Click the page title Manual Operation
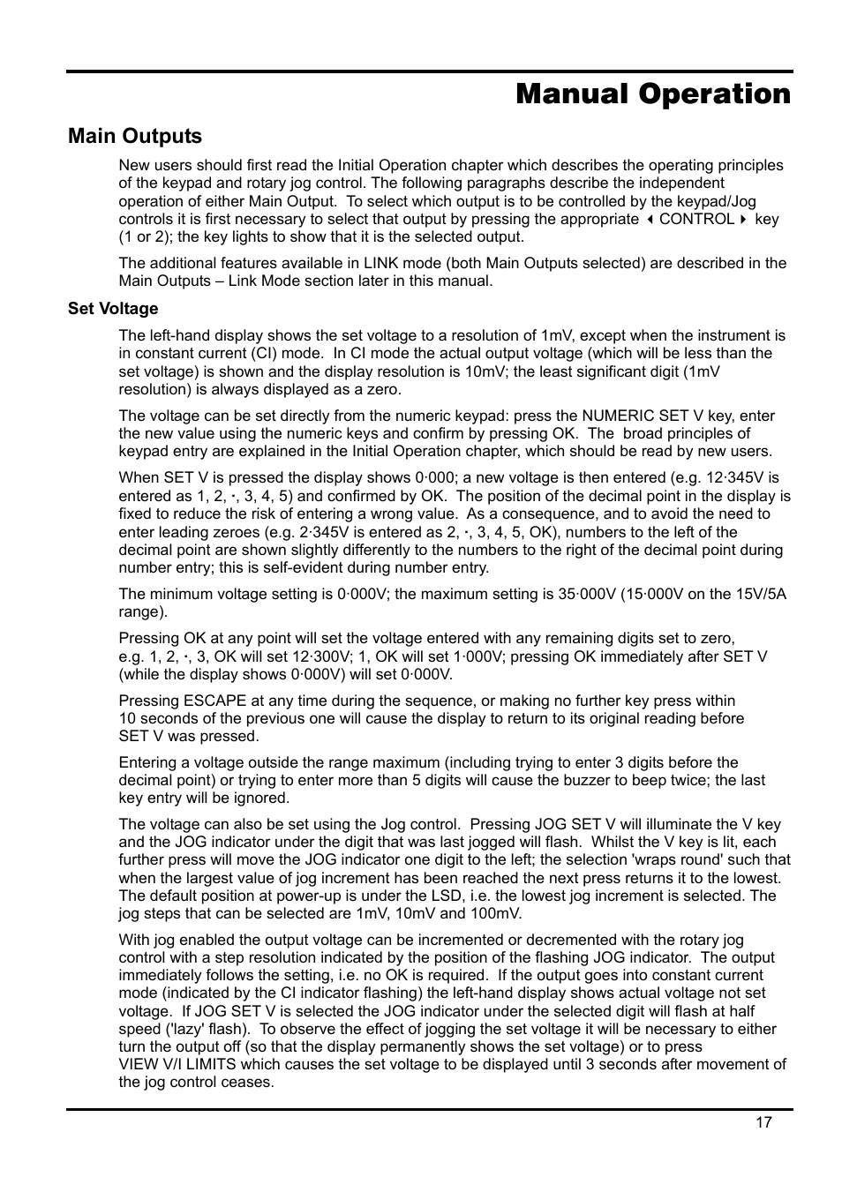[x=653, y=94]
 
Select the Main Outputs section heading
[x=135, y=136]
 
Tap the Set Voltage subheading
[x=113, y=309]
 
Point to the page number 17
[x=763, y=1122]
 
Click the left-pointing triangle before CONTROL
[x=649, y=220]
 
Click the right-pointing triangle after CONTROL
[x=743, y=220]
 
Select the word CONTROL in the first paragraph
[x=696, y=219]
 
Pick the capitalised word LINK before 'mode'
[x=381, y=263]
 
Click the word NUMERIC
[x=618, y=416]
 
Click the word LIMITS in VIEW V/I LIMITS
[x=212, y=1064]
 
